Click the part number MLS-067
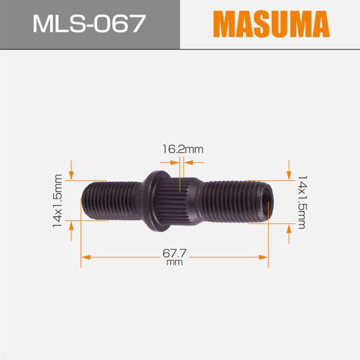(89, 24)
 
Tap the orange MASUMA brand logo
(272, 24)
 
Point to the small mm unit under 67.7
(174, 263)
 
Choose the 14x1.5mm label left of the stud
(58, 201)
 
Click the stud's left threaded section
(111, 201)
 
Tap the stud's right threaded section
(234, 201)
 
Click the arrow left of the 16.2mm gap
(166, 161)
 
